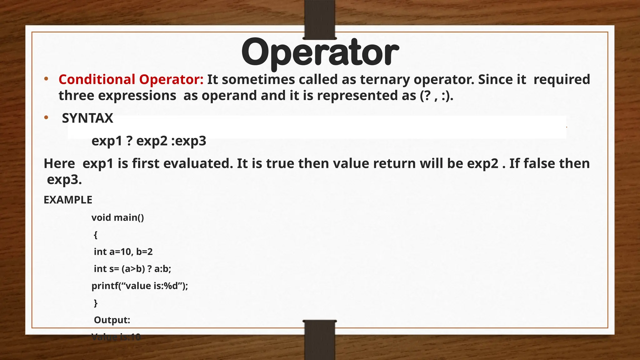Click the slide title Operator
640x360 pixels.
pyautogui.click(x=320, y=52)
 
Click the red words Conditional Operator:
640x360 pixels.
pyautogui.click(x=131, y=79)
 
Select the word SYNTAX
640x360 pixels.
pyautogui.click(x=87, y=118)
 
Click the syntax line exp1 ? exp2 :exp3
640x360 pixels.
pyautogui.click(x=149, y=141)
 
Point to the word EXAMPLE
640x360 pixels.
pyautogui.click(x=68, y=200)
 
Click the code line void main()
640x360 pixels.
pyautogui.click(x=117, y=217)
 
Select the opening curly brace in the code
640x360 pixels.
pyautogui.click(x=96, y=235)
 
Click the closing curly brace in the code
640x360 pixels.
pyautogui.click(x=96, y=303)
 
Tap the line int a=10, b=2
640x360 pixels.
pyautogui.click(x=123, y=252)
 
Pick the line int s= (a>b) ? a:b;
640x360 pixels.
pyautogui.click(x=132, y=269)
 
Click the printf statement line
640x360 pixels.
pyautogui.click(x=140, y=286)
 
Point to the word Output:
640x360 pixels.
pyautogui.click(x=112, y=320)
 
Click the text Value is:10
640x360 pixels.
pyautogui.click(x=116, y=337)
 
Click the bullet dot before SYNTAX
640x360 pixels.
pyautogui.click(x=46, y=118)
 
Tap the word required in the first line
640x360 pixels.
pyautogui.click(x=562, y=79)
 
